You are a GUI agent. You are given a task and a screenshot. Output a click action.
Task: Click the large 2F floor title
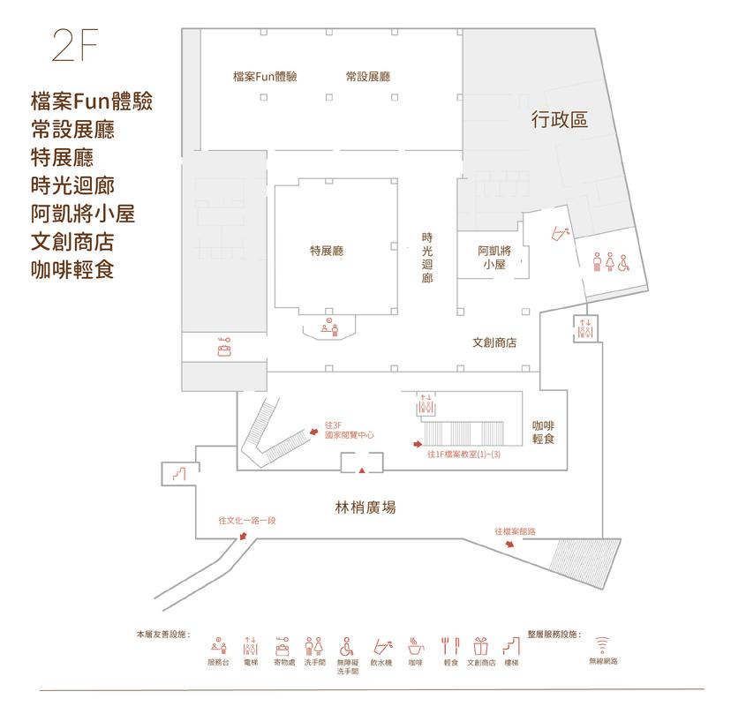click(75, 45)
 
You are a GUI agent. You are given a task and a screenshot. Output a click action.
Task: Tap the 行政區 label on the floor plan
click(560, 119)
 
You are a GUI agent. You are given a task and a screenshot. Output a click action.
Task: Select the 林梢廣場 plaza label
click(365, 507)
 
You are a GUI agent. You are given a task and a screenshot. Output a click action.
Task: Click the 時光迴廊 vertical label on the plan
click(427, 258)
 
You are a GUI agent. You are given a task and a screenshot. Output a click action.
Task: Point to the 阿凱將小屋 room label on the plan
click(494, 258)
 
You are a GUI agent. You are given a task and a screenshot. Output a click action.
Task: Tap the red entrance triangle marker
click(362, 470)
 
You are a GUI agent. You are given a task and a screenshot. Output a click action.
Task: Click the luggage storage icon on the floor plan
click(225, 347)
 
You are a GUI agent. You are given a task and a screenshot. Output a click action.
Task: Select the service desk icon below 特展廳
click(329, 327)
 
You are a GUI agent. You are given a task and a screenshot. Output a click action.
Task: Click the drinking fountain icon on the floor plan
click(561, 233)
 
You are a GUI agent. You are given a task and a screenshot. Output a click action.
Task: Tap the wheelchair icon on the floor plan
click(624, 263)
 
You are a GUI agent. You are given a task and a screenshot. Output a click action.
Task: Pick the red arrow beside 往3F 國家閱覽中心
click(313, 432)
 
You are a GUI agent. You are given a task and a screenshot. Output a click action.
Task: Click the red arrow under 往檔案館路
click(509, 543)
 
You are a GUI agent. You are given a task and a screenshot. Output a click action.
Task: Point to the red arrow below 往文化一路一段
click(243, 536)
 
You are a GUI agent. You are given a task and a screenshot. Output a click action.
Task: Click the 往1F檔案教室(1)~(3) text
click(463, 454)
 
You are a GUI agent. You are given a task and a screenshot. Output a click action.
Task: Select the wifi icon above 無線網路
click(602, 645)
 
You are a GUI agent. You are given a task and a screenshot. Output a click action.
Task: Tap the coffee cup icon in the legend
click(416, 646)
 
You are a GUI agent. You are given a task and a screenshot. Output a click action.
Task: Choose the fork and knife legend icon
click(450, 646)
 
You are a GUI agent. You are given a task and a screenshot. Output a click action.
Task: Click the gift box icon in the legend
click(480, 646)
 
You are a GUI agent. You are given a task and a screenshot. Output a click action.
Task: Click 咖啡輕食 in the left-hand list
click(72, 270)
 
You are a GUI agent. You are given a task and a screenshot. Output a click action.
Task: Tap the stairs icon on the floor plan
click(179, 474)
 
